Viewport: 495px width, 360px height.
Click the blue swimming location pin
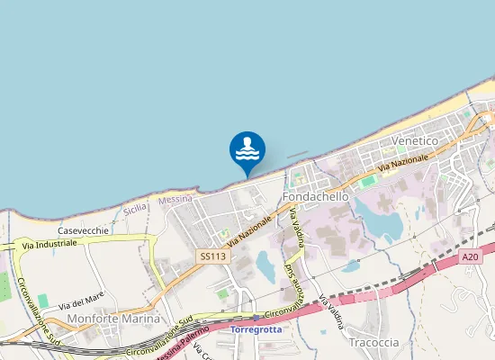(247, 150)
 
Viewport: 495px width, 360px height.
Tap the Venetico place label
(414, 142)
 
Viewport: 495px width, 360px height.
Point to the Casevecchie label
(84, 230)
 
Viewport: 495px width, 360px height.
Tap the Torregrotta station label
(256, 330)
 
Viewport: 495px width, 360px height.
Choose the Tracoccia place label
(373, 343)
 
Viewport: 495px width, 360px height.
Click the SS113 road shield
(213, 256)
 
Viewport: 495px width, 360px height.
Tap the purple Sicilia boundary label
(135, 208)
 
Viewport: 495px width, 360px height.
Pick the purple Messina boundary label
(175, 200)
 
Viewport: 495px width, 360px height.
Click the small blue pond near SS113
(266, 265)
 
